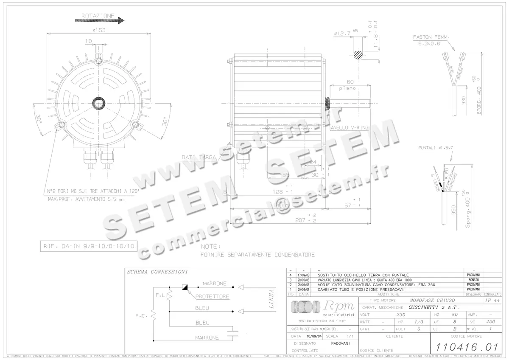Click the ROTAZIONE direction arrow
click(99, 20)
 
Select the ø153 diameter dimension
click(99, 30)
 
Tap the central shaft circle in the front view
click(100, 104)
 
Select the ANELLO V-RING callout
click(349, 127)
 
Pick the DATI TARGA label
click(199, 157)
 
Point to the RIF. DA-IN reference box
click(89, 245)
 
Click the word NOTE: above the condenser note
click(210, 246)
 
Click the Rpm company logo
click(322, 307)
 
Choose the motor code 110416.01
click(464, 346)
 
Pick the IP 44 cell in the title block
click(492, 300)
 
